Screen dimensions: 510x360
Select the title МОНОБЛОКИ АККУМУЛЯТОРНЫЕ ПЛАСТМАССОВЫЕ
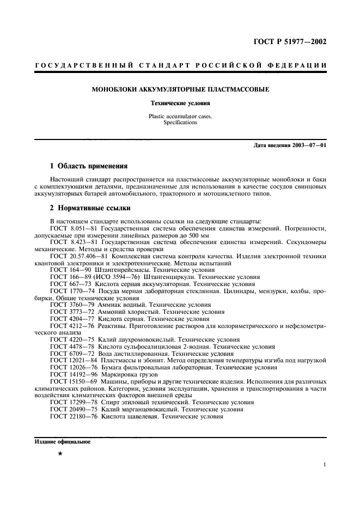click(180, 89)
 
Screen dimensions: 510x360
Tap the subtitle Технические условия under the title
click(180, 102)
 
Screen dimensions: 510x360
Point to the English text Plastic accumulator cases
click(180, 116)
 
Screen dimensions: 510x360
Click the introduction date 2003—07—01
click(307, 145)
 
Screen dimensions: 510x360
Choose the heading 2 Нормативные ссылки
click(89, 208)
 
